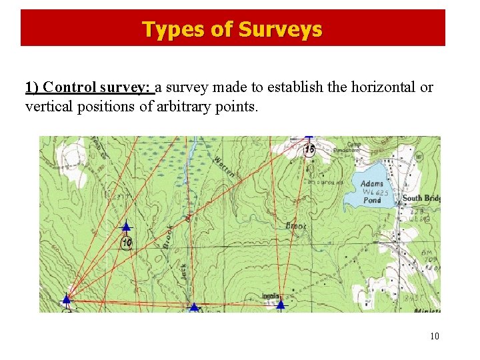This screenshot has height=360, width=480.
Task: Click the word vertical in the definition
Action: tap(47, 106)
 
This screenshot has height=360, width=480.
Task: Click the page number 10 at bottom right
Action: tap(435, 336)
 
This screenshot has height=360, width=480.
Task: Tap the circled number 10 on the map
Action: tap(127, 242)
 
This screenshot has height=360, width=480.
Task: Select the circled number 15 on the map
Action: tap(309, 150)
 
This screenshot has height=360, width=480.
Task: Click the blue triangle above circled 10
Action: tap(126, 227)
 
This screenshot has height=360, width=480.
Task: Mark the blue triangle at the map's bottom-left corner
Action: tap(67, 300)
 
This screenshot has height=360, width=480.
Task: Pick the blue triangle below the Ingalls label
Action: tap(281, 305)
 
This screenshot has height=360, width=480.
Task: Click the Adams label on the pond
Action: tap(372, 184)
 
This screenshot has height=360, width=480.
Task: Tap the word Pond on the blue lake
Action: tap(373, 200)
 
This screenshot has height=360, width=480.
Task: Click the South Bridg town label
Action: tap(421, 199)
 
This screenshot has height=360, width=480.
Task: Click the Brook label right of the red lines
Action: tap(296, 226)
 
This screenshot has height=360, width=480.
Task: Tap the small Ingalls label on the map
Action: tap(270, 295)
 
